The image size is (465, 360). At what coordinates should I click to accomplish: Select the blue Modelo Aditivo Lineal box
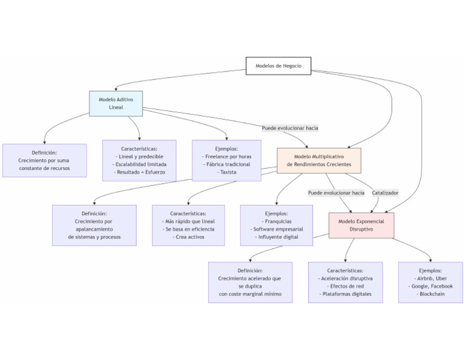click(x=116, y=103)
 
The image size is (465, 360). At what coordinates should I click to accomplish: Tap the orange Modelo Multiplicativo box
click(x=318, y=160)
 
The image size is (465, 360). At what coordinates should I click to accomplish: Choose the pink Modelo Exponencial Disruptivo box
click(x=361, y=225)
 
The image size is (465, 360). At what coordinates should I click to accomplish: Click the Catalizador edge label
click(x=385, y=193)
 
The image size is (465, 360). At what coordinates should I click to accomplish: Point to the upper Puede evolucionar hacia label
click(x=290, y=128)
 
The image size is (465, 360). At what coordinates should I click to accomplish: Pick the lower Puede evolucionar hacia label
click(x=336, y=193)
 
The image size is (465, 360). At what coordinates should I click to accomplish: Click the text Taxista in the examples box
click(x=226, y=172)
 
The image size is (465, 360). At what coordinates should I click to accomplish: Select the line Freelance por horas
click(x=226, y=156)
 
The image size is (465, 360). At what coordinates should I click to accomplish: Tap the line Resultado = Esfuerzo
click(x=139, y=172)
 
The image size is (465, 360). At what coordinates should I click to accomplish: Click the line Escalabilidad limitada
click(x=139, y=164)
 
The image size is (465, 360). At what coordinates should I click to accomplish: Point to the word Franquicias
click(x=277, y=221)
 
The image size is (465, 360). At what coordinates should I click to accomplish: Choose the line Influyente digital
click(x=277, y=237)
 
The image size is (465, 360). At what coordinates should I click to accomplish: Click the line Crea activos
click(x=188, y=237)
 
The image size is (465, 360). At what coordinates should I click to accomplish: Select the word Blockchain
click(x=430, y=294)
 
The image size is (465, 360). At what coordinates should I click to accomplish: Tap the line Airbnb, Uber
click(x=430, y=278)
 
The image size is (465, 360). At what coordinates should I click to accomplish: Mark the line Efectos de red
click(x=345, y=286)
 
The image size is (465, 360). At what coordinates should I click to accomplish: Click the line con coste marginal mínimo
click(x=250, y=294)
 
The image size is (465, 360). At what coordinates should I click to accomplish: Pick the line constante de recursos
click(x=44, y=168)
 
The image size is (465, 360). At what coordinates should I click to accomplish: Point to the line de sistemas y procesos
click(x=94, y=237)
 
